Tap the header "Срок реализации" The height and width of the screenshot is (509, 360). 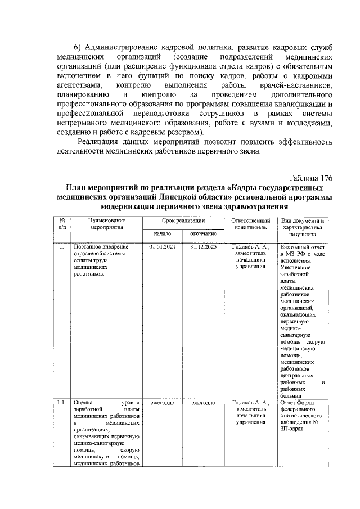point(179,221)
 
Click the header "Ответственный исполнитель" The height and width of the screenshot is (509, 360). point(251,224)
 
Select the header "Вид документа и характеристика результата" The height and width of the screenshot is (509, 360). point(304,228)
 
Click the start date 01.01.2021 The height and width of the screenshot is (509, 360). point(163,247)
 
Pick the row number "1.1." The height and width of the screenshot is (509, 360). point(63,403)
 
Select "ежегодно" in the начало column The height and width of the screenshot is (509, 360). point(163,403)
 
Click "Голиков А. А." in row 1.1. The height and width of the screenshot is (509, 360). point(251,403)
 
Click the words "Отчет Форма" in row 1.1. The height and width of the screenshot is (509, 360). point(299,403)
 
